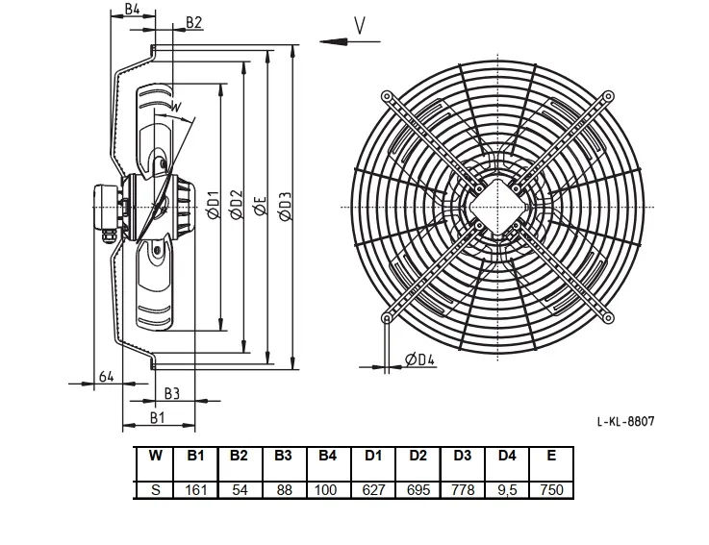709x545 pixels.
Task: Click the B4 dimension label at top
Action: (x=132, y=9)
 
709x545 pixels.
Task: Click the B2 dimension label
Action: (x=193, y=22)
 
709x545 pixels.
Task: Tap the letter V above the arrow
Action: (x=360, y=26)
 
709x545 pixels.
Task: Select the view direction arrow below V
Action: (x=349, y=41)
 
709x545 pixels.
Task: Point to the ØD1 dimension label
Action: (x=213, y=205)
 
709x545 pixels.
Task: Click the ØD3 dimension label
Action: (x=286, y=207)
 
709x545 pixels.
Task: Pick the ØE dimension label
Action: (x=260, y=206)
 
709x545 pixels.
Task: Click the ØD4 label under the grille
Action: (x=419, y=359)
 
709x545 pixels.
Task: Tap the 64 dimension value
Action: (x=106, y=376)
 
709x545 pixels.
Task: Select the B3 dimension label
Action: (x=172, y=394)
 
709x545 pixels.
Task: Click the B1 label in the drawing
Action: (x=157, y=418)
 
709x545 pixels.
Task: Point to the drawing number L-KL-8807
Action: (x=626, y=422)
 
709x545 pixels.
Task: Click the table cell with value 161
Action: (x=196, y=490)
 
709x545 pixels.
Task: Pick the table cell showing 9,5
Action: (x=507, y=490)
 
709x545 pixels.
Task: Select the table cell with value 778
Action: (x=463, y=490)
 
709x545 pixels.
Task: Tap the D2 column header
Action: (x=418, y=456)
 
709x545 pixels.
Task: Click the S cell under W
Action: (x=155, y=490)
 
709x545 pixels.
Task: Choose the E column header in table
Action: (x=551, y=456)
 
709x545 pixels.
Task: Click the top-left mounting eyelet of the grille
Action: (x=387, y=96)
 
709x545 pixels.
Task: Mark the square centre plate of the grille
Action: (x=497, y=207)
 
